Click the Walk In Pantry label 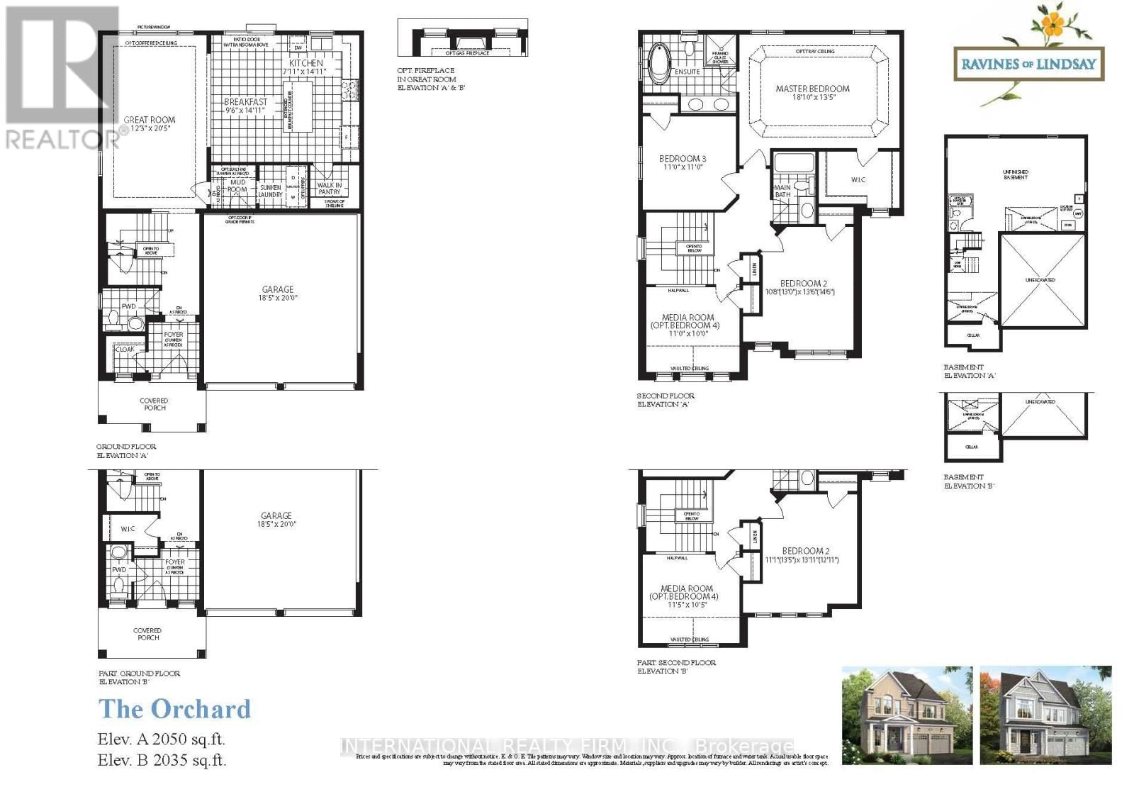tap(329, 189)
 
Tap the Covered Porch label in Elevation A tap(154, 404)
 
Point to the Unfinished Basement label tap(1015, 174)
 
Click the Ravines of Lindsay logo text tap(1028, 64)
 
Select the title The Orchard tap(174, 709)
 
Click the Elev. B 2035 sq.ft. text tap(162, 761)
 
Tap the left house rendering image tap(905, 715)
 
